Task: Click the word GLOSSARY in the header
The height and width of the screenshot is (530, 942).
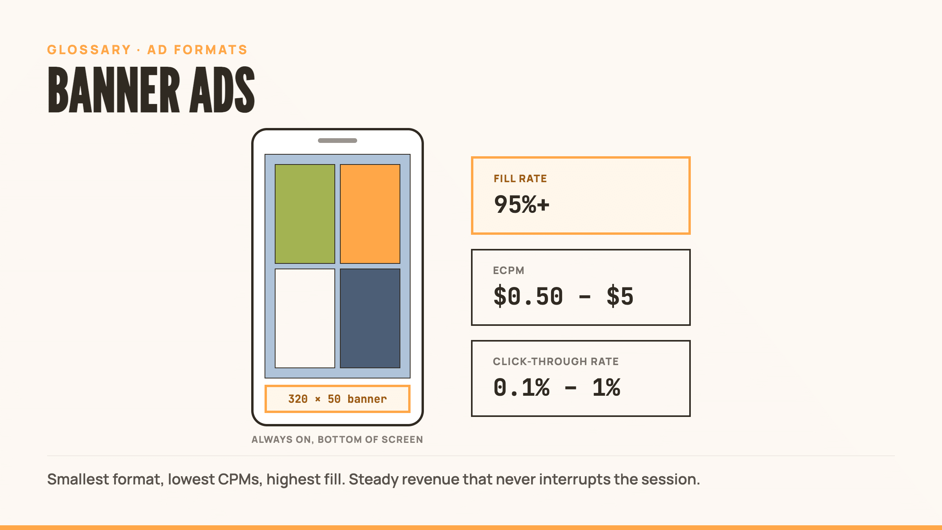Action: tap(89, 50)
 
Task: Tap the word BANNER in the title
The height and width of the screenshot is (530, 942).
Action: tap(114, 90)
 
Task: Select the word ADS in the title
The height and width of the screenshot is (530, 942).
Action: tap(222, 90)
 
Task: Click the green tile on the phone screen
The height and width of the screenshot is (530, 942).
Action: tap(305, 214)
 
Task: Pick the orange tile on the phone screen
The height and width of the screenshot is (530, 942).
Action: tap(370, 214)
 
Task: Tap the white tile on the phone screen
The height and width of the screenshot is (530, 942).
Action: tap(305, 318)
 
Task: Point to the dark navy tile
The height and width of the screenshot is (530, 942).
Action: tap(370, 318)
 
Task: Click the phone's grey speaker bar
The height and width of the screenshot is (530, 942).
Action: tap(338, 141)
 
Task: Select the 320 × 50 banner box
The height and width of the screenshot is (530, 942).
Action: tap(338, 399)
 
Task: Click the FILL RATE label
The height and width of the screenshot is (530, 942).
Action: tap(520, 179)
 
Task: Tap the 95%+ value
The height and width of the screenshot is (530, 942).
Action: tap(522, 205)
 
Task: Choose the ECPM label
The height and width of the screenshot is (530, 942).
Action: tap(509, 270)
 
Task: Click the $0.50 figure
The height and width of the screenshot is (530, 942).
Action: tap(528, 296)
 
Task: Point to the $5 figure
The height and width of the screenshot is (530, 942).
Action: tap(620, 296)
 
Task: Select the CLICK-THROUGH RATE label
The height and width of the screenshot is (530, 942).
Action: tap(556, 362)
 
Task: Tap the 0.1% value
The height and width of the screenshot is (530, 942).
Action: tap(522, 387)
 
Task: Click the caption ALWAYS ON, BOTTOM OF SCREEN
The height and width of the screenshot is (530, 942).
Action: tap(337, 440)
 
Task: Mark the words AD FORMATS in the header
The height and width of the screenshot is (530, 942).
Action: tap(197, 50)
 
